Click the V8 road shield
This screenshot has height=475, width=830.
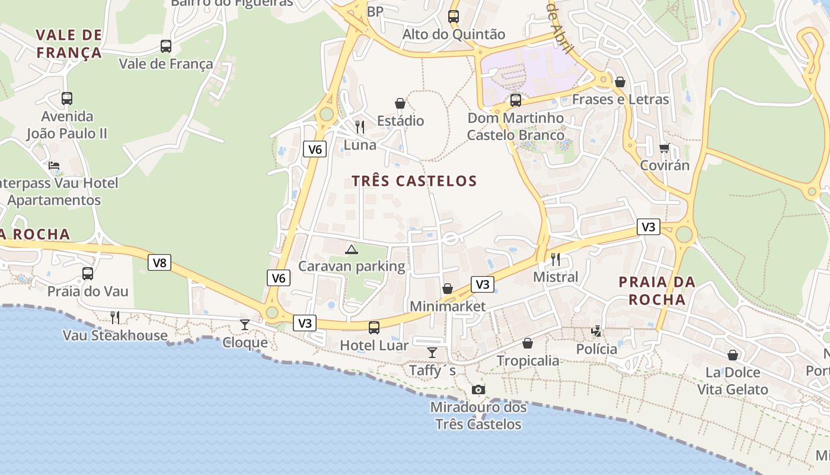159,262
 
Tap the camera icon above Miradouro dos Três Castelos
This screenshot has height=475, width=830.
478,389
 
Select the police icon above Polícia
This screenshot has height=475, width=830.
596,331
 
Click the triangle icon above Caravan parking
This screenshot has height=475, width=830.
352,249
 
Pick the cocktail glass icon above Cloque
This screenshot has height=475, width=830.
244,324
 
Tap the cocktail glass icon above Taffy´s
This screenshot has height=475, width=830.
432,353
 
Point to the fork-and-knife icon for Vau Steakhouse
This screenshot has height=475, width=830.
115,317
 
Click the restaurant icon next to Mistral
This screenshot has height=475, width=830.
556,259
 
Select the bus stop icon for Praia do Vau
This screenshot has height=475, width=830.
88,274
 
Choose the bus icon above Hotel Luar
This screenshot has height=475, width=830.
374,327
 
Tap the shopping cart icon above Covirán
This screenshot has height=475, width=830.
665,148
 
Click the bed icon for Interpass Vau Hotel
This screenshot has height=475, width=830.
54,166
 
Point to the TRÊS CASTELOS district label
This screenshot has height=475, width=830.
414,181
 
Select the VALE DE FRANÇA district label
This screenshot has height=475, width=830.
69,44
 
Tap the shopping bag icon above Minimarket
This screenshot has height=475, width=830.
448,289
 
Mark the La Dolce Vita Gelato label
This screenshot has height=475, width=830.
733,381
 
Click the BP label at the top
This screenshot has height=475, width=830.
375,12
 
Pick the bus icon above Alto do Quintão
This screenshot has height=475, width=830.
454,17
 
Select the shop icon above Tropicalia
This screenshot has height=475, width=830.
528,343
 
